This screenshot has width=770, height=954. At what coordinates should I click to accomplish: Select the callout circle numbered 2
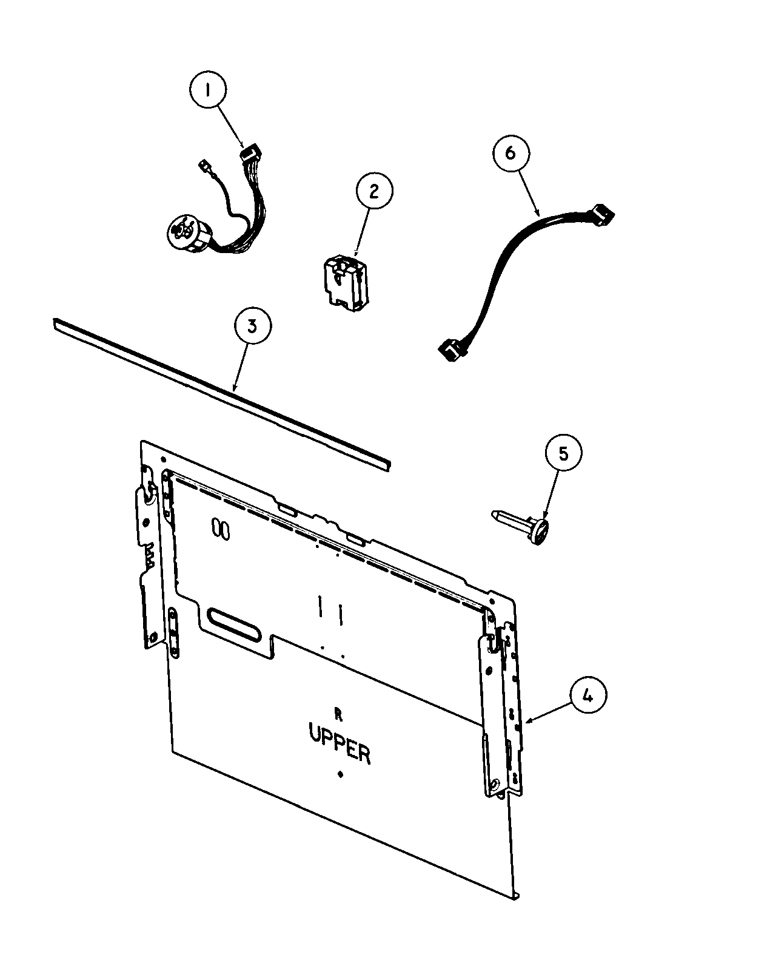click(373, 191)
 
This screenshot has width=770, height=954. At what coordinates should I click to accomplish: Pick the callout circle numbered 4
click(587, 696)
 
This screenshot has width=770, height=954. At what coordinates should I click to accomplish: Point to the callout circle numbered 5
click(563, 453)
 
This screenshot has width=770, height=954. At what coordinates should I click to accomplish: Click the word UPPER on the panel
click(340, 743)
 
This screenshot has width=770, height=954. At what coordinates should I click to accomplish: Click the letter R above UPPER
click(338, 715)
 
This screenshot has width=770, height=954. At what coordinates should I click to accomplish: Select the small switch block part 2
click(343, 281)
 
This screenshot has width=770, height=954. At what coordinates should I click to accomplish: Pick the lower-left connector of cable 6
click(450, 351)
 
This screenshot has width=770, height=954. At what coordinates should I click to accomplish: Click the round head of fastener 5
click(541, 529)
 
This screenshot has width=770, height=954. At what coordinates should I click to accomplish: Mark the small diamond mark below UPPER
click(340, 774)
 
